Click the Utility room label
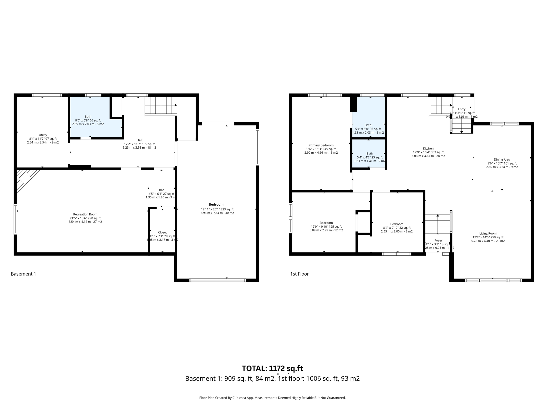pos(43,135)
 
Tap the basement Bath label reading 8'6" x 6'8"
pos(88,117)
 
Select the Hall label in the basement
pos(139,140)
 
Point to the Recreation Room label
pos(85,214)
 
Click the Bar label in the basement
pos(161,190)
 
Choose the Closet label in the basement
pos(162,232)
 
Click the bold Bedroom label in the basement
pos(216,204)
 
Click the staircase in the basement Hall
pos(160,105)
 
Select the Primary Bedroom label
pos(321,145)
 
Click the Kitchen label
pos(428,149)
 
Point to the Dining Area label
pos(502,159)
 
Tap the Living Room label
pos(488,234)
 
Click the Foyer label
pos(438,240)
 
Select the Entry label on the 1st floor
pos(462,109)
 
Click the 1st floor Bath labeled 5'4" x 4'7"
pos(370,154)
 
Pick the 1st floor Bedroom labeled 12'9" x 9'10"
pos(326,223)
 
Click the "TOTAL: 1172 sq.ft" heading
pos(272,368)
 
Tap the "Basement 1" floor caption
pos(23,274)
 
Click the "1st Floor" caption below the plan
pos(299,274)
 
